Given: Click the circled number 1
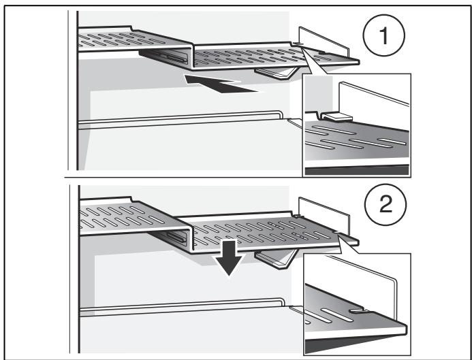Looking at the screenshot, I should click(x=383, y=35).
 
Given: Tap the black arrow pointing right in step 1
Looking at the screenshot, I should click(x=222, y=85).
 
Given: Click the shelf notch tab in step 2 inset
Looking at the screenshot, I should click(x=359, y=311).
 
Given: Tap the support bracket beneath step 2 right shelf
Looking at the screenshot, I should click(x=277, y=258).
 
